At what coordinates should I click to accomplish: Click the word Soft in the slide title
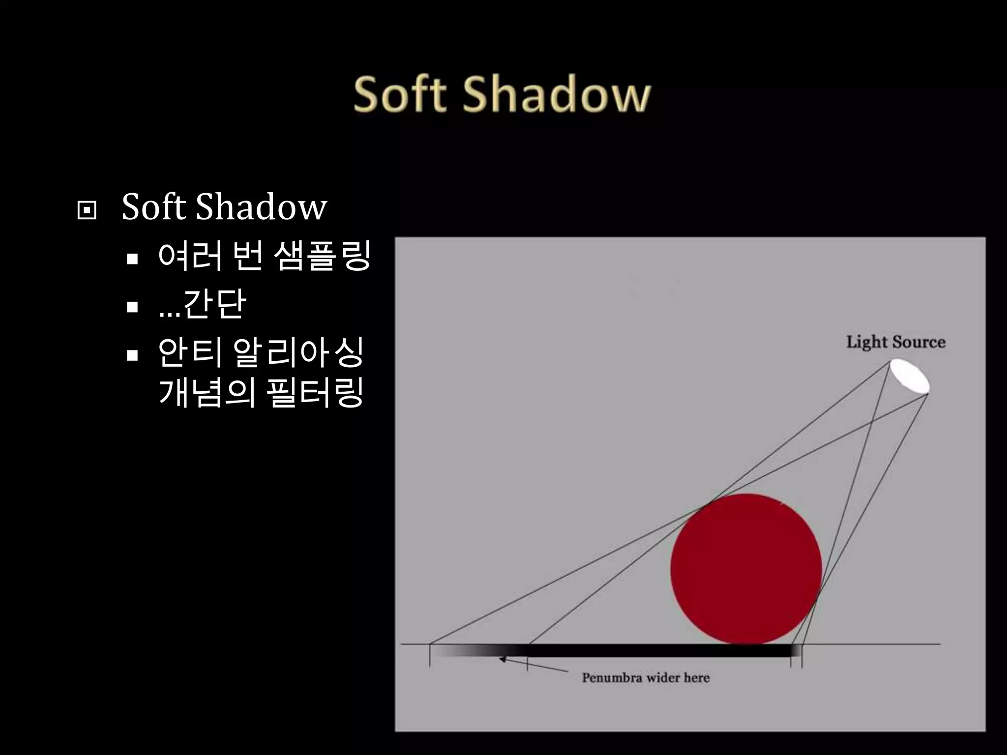point(400,94)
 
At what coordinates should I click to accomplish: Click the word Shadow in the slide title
point(556,94)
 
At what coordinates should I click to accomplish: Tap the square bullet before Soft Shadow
point(87,210)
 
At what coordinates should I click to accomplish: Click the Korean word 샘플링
point(322,256)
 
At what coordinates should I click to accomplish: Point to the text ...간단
point(202,304)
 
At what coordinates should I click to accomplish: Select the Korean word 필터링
point(315,393)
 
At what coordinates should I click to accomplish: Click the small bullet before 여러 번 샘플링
point(132,259)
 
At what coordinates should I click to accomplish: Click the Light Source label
point(895,342)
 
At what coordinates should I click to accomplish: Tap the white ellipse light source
point(910,376)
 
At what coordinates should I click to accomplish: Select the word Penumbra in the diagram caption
point(612,678)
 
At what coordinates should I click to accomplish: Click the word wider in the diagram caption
point(663,678)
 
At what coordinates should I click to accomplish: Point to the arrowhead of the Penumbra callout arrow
point(503,659)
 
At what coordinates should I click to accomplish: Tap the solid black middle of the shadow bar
point(659,651)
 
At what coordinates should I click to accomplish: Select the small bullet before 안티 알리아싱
point(132,355)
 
